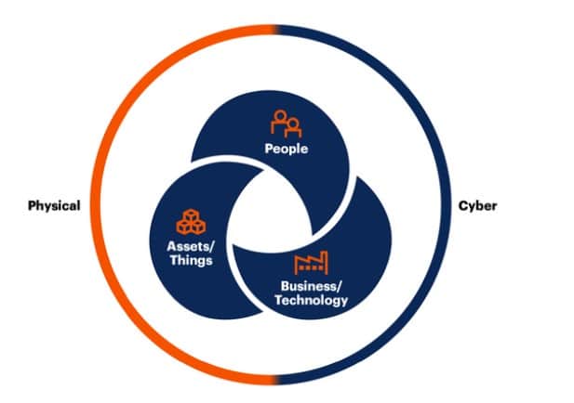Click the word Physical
[x=54, y=206]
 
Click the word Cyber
[x=478, y=206]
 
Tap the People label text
[x=287, y=149]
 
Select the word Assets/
[x=190, y=247]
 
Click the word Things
[x=191, y=261]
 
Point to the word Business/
[x=311, y=286]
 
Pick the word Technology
[x=311, y=300]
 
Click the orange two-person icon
[x=287, y=123]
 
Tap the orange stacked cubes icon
[x=191, y=222]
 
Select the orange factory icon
[x=311, y=263]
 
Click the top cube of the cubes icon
[x=191, y=215]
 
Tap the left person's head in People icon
[x=280, y=116]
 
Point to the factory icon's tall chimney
[x=324, y=263]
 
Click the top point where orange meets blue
[x=275, y=30]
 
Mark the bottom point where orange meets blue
[x=275, y=380]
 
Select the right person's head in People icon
[x=293, y=124]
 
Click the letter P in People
[x=269, y=149]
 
